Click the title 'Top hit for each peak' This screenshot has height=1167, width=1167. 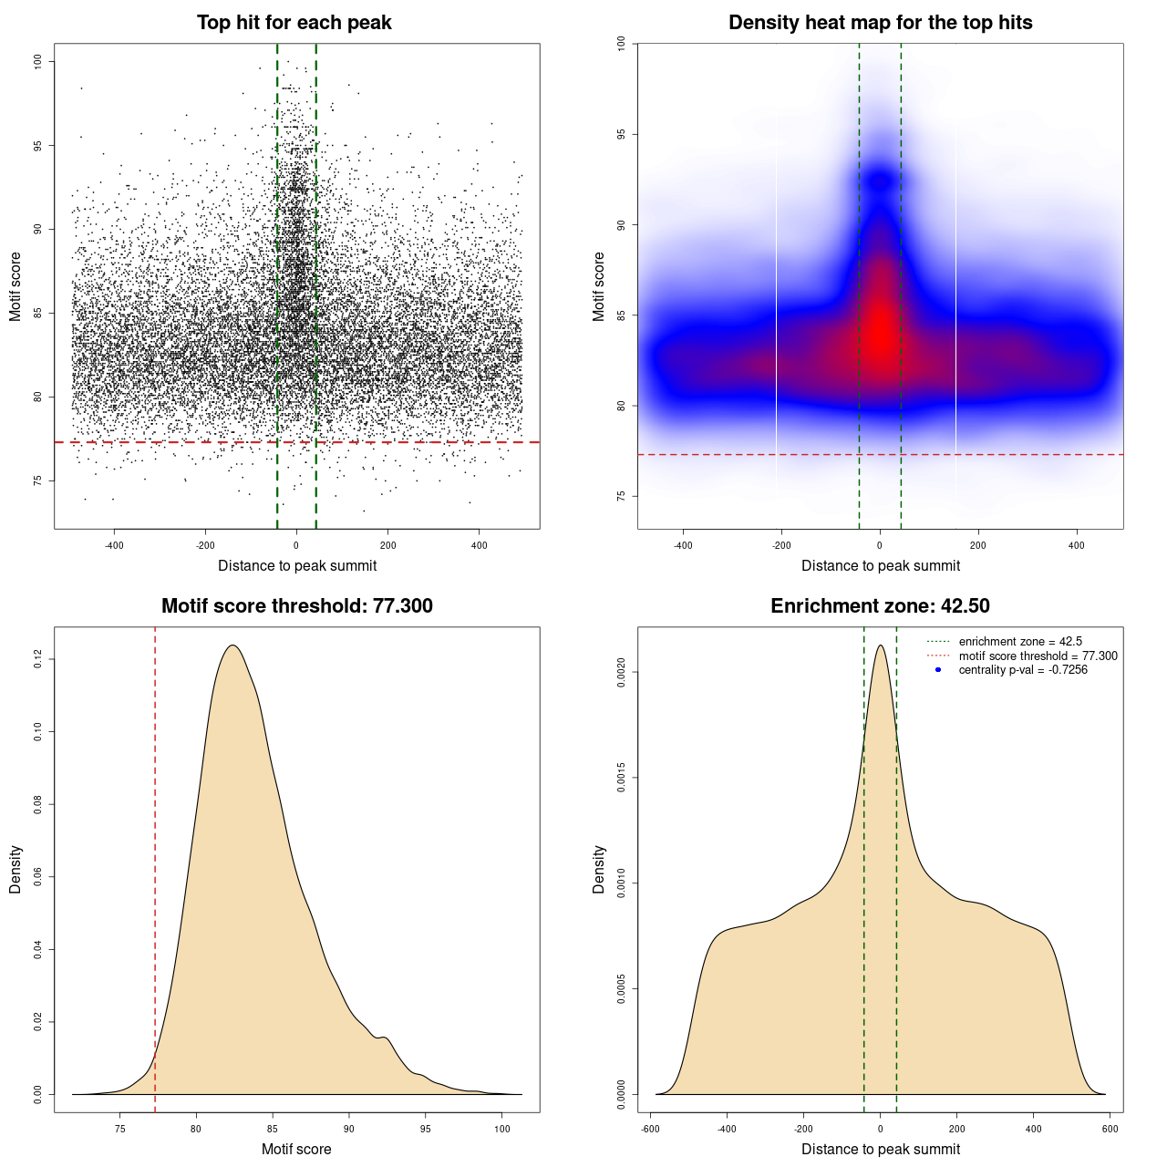pyautogui.click(x=294, y=23)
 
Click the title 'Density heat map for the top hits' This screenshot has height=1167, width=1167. pyautogui.click(x=880, y=23)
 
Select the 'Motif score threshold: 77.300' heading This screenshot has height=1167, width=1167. pyautogui.click(x=296, y=606)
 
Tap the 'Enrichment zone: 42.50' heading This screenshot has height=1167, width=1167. pyautogui.click(x=880, y=606)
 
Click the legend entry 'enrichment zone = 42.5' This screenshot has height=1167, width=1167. pyautogui.click(x=1020, y=642)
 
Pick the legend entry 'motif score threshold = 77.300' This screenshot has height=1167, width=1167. pyautogui.click(x=1038, y=656)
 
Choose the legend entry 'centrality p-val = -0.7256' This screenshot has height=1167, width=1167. pyautogui.click(x=1023, y=670)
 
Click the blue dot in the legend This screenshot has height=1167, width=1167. pyautogui.click(x=938, y=670)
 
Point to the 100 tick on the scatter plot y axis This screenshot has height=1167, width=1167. pyautogui.click(x=38, y=61)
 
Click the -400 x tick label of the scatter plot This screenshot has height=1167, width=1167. pyautogui.click(x=114, y=545)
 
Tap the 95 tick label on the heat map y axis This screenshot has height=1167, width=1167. pyautogui.click(x=622, y=134)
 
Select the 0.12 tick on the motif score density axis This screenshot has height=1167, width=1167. pyautogui.click(x=38, y=659)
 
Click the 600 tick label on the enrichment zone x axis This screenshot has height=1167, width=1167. pyautogui.click(x=1110, y=1129)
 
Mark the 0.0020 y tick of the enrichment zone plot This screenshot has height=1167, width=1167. pyautogui.click(x=622, y=673)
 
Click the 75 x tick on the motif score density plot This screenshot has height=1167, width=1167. pyautogui.click(x=119, y=1129)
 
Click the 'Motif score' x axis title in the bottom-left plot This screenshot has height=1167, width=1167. pyautogui.click(x=296, y=1149)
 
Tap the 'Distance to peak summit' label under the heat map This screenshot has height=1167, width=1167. pyautogui.click(x=880, y=565)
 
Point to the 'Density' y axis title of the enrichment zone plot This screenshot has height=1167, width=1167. pyautogui.click(x=599, y=869)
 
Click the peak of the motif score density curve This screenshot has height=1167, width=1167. pyautogui.click(x=232, y=645)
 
